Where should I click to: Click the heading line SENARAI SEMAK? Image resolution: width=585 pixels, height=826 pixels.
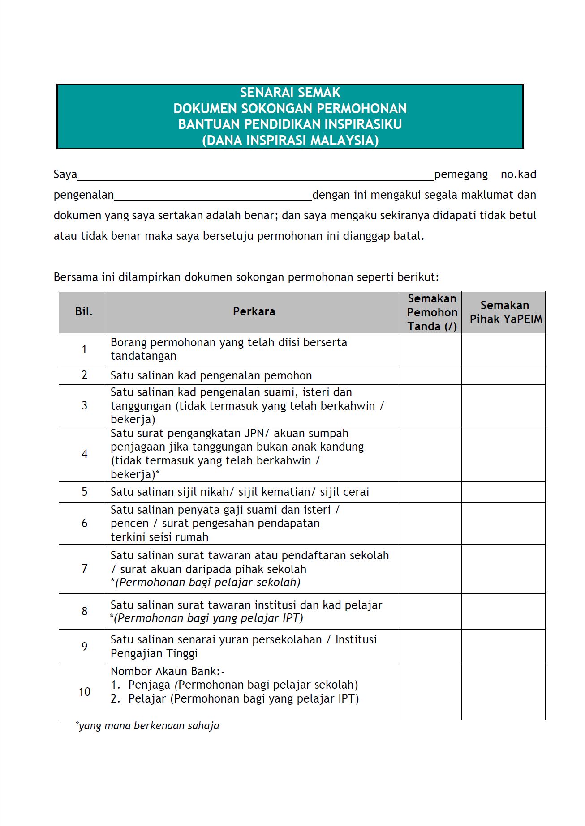point(290,93)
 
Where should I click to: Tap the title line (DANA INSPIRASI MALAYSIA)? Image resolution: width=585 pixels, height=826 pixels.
point(290,141)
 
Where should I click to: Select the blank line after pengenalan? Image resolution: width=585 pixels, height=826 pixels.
point(213,196)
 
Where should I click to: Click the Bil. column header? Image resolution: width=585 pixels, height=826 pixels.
point(84,312)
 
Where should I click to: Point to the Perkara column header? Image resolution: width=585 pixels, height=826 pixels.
point(254,312)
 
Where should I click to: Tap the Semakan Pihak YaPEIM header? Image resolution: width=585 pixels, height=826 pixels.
point(505,312)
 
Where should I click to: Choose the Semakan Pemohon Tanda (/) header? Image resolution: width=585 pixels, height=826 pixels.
point(432,312)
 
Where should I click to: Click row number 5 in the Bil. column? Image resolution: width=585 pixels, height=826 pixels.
point(84,492)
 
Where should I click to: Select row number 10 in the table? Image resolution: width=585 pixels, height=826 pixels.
point(84,692)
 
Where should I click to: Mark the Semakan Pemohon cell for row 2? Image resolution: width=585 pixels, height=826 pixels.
point(430,375)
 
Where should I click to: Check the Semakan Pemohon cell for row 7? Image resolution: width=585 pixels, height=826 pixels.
point(430,569)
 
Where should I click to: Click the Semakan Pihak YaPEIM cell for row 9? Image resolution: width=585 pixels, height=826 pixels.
point(503,647)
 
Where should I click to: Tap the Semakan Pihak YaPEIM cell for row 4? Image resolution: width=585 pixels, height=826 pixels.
point(503,454)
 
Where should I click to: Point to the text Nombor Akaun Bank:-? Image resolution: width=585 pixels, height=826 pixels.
point(168,671)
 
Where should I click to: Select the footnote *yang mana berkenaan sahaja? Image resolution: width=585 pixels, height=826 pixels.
point(147,726)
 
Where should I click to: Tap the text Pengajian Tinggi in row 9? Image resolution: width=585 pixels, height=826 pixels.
point(154,654)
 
